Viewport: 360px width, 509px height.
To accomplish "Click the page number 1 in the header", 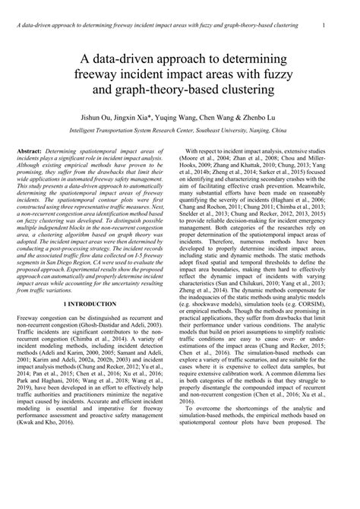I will click(x=324, y=26).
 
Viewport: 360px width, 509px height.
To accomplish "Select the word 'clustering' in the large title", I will click(x=234, y=93).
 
